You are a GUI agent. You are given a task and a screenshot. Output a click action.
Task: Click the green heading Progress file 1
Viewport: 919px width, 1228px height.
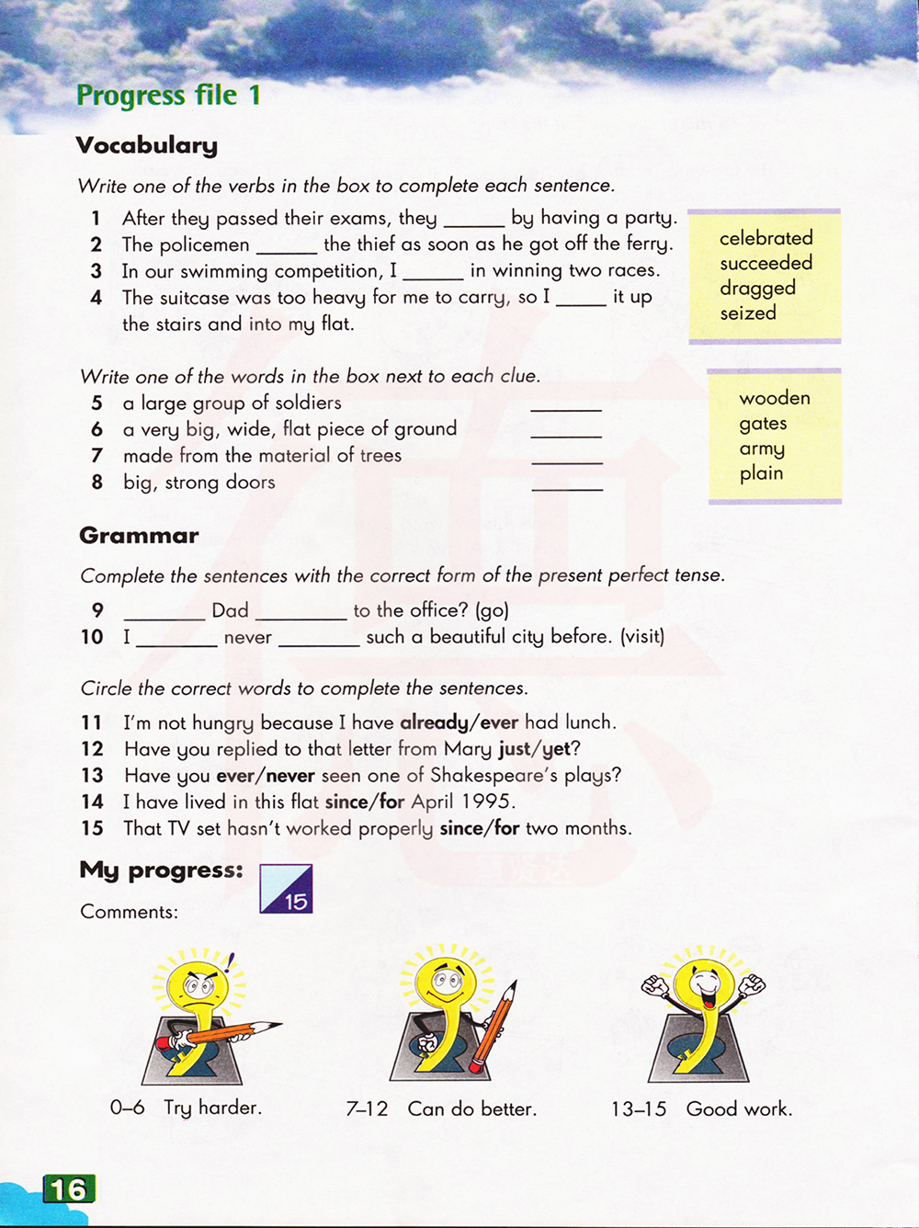(x=168, y=95)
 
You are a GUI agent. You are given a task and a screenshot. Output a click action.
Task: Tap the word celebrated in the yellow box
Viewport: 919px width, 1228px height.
(x=766, y=238)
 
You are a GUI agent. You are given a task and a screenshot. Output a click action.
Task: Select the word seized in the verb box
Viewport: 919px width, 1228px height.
(x=748, y=313)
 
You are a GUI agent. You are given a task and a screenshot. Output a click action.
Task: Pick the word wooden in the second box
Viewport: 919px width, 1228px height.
(x=775, y=398)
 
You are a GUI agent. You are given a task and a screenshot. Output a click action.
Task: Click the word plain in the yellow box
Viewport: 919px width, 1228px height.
(x=762, y=473)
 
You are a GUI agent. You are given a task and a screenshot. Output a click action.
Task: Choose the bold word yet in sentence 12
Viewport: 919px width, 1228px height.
(x=557, y=749)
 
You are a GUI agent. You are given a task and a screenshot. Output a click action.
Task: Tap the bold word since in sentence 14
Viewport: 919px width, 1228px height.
(x=346, y=802)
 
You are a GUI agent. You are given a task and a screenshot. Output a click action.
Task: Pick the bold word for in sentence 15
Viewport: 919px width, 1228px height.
(x=507, y=828)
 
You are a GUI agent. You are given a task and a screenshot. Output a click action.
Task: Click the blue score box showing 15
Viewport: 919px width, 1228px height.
(x=287, y=889)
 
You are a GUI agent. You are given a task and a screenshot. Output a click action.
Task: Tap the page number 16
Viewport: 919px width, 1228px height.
(x=69, y=1189)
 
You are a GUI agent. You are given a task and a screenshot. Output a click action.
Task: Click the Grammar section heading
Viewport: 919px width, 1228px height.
(x=139, y=536)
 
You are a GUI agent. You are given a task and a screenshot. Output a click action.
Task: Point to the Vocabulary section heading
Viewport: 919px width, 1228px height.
(x=147, y=145)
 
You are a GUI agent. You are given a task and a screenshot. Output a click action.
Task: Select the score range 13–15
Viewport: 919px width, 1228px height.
(x=639, y=1109)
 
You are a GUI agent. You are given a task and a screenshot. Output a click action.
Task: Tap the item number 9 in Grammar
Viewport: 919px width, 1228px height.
(x=97, y=610)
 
